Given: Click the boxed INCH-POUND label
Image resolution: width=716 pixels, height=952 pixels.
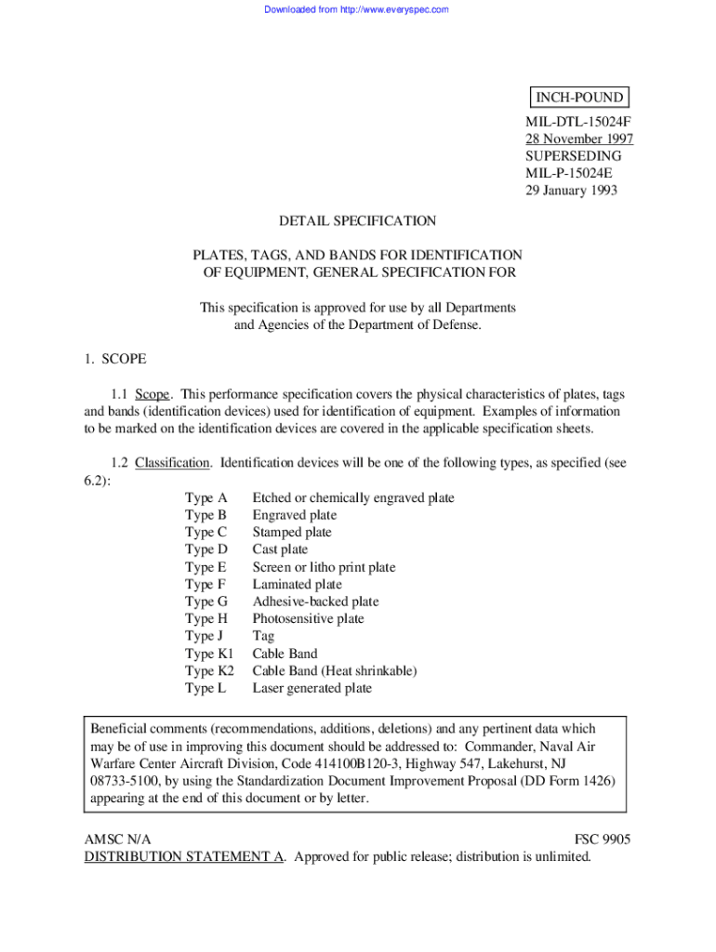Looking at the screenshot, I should pos(577,98).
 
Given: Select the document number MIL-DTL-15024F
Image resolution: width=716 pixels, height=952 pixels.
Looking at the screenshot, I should pos(578,122).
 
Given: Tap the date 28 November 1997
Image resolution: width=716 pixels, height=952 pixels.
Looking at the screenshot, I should pos(579,139).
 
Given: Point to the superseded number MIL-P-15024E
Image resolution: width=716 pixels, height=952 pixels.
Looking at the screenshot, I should pos(569,173).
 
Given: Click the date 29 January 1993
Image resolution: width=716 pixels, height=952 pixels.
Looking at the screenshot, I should pos(571,191).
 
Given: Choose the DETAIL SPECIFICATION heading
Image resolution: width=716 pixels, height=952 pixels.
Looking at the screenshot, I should pos(357,221).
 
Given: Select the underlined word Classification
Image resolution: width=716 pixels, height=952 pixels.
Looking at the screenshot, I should pos(174,463).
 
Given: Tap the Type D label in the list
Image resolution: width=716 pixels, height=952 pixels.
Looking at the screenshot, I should pos(206,549).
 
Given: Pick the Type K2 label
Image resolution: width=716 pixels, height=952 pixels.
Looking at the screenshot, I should pos(210,670).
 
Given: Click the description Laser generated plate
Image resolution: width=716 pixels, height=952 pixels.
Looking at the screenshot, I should pos(312,688).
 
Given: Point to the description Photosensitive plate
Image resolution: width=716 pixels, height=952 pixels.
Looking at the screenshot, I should pos(308,618).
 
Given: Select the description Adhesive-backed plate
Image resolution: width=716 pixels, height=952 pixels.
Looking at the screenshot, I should pos(315,602).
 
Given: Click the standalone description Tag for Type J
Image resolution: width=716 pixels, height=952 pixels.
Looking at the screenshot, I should pos(263,636).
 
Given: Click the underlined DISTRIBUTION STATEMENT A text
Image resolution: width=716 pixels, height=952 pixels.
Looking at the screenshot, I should pos(184,857).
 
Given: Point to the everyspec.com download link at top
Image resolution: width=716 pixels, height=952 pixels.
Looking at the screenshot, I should pos(357,9).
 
